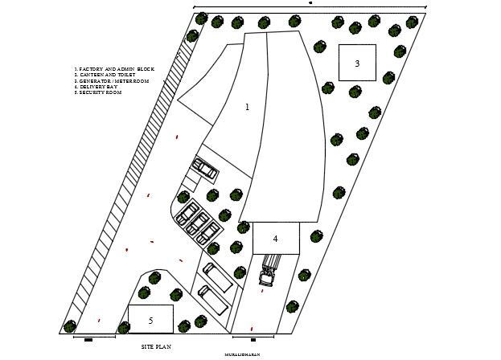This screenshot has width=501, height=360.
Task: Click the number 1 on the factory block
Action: tap(247, 107)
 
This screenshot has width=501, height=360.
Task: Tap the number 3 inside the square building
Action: tap(357, 63)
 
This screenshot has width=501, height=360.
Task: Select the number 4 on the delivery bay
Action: tap(275, 239)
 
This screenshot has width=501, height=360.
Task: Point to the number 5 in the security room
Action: tap(150, 321)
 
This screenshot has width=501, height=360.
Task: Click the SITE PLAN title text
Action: tap(156, 346)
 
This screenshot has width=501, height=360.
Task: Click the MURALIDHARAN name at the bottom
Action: tap(242, 354)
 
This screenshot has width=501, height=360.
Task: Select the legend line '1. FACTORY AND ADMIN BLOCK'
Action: tap(113, 69)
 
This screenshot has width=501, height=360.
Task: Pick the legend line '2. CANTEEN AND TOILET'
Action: tap(105, 75)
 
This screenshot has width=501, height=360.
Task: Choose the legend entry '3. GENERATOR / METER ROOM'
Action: tap(111, 81)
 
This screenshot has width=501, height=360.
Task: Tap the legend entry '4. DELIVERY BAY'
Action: tap(96, 87)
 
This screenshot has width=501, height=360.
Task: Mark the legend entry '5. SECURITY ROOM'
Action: tap(97, 92)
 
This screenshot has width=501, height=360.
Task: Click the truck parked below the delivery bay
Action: tap(268, 271)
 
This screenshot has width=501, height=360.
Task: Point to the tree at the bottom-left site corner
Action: tap(70, 326)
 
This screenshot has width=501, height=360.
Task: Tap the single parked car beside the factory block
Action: tap(204, 169)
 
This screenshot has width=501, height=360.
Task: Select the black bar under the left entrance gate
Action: tap(88, 340)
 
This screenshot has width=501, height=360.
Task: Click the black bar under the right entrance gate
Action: tap(253, 340)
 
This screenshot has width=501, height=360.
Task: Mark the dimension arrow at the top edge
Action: tap(310, 4)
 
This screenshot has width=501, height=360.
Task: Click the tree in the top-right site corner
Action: tap(412, 22)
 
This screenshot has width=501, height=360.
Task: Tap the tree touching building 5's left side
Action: tap(124, 327)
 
